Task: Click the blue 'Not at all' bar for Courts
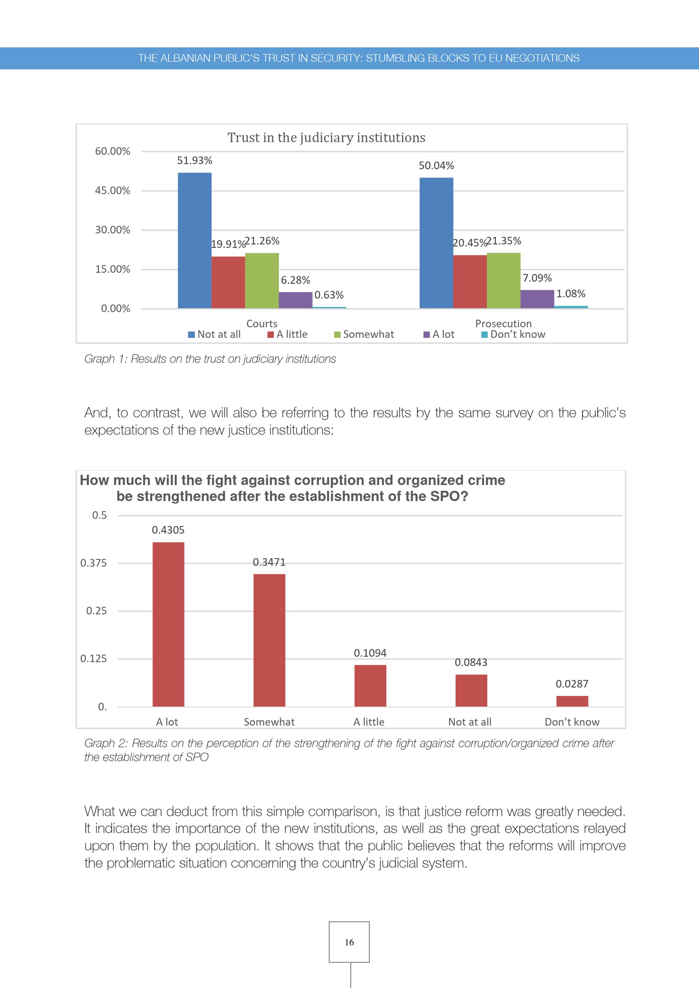pyautogui.click(x=195, y=240)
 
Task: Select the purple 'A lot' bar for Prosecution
pyautogui.click(x=537, y=299)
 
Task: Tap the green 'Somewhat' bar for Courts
pyautogui.click(x=262, y=280)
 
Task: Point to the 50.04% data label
pyautogui.click(x=436, y=165)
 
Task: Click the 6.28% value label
pyautogui.click(x=295, y=280)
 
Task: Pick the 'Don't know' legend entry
pyautogui.click(x=513, y=334)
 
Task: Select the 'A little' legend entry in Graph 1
pyautogui.click(x=288, y=334)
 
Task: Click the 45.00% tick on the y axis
pyautogui.click(x=112, y=190)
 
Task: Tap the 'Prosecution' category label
pyautogui.click(x=503, y=323)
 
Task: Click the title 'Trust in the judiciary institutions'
pyautogui.click(x=326, y=137)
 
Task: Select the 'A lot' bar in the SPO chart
pyautogui.click(x=168, y=624)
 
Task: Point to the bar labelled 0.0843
pyautogui.click(x=471, y=690)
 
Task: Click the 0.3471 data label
pyautogui.click(x=269, y=562)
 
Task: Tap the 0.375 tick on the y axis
pyautogui.click(x=93, y=563)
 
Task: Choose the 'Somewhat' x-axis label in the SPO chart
pyautogui.click(x=269, y=722)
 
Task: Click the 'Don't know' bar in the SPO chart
pyautogui.click(x=572, y=701)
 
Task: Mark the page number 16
pyautogui.click(x=349, y=942)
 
